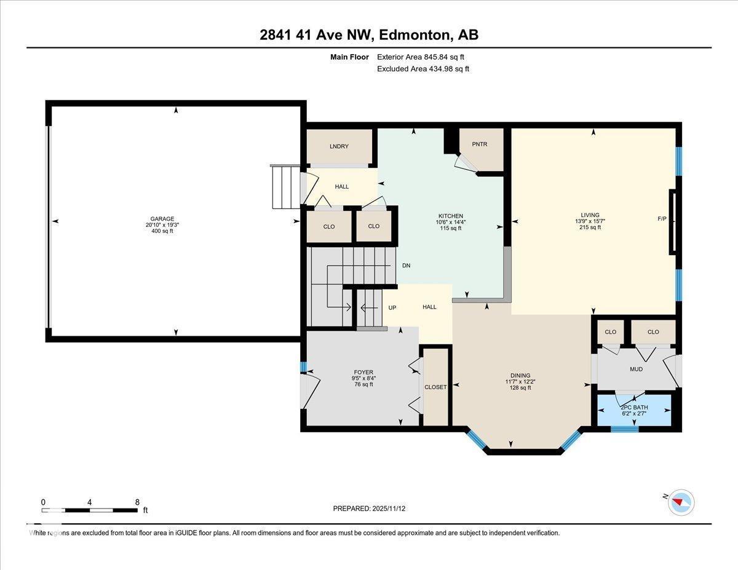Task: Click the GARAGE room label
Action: pyautogui.click(x=162, y=219)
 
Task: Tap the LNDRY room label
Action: pyautogui.click(x=339, y=146)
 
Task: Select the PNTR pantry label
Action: pyautogui.click(x=479, y=144)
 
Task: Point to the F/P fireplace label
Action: pyautogui.click(x=662, y=219)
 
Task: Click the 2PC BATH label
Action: pyautogui.click(x=634, y=408)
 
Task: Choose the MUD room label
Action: pyautogui.click(x=636, y=370)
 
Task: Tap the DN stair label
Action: pyautogui.click(x=406, y=266)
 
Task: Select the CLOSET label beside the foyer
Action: pyautogui.click(x=435, y=387)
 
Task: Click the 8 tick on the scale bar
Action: pyautogui.click(x=137, y=502)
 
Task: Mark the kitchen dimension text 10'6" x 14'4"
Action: pyautogui.click(x=450, y=223)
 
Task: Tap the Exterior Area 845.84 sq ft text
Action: pyautogui.click(x=421, y=57)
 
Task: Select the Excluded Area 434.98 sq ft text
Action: pyautogui.click(x=423, y=69)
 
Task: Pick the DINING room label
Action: pyautogui.click(x=520, y=375)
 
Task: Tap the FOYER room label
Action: pyautogui.click(x=363, y=372)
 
